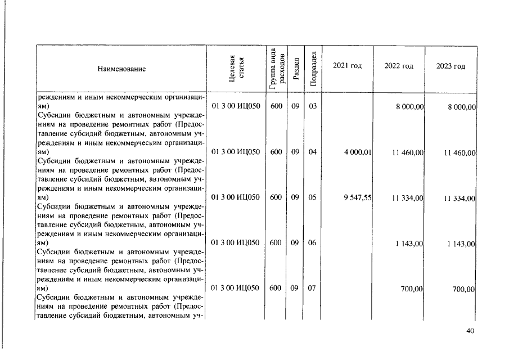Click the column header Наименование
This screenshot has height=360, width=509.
point(121,69)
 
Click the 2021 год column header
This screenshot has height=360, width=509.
point(347,66)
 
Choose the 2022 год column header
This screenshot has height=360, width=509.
point(399,66)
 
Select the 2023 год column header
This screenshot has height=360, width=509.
point(451,66)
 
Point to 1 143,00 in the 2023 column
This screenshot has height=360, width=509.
point(461,244)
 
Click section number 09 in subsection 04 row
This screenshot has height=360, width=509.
point(295,152)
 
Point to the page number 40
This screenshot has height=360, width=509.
point(471,331)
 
